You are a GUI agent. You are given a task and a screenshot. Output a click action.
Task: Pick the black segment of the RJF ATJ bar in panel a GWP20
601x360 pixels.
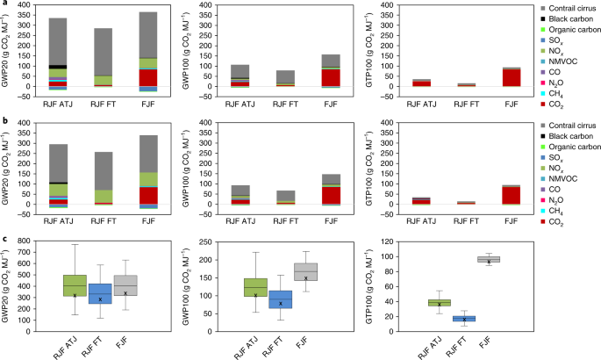tap(58, 67)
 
